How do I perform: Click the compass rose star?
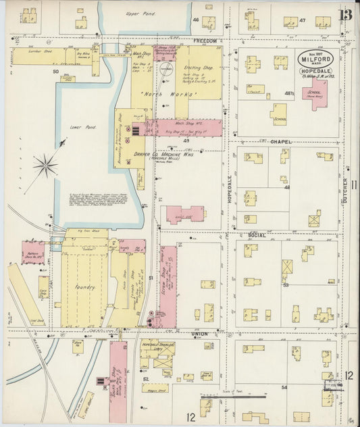click(45, 164)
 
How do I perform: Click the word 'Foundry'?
click(84, 287)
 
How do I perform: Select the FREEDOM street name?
click(205, 41)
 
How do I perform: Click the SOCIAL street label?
click(256, 234)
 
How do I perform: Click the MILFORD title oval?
click(317, 59)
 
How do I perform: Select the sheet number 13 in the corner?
click(345, 15)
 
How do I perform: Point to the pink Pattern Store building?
click(32, 253)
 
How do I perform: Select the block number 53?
click(286, 285)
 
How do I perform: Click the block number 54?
click(284, 386)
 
